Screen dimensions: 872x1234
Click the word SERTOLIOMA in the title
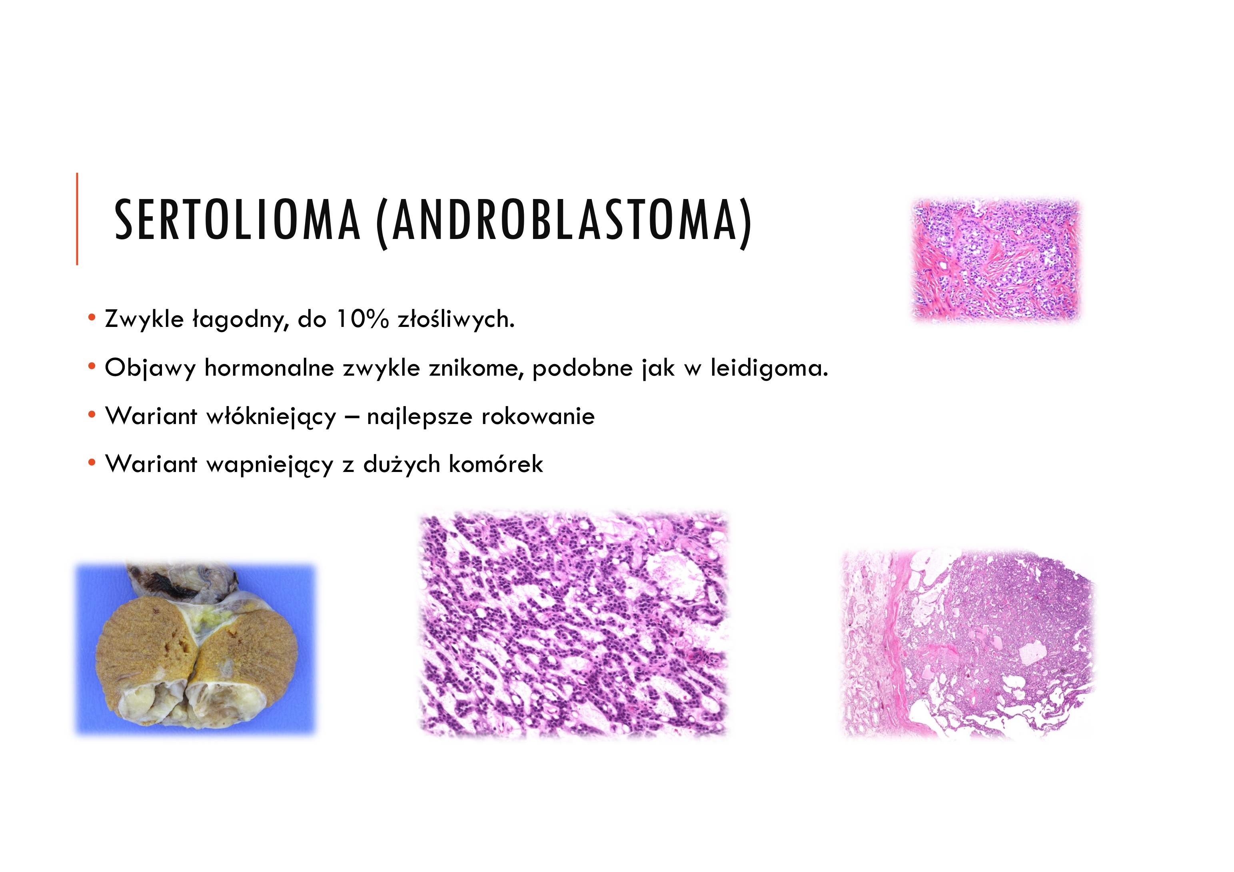pyautogui.click(x=236, y=220)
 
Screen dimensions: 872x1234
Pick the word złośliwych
pyautogui.click(x=456, y=319)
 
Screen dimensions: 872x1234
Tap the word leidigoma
pyautogui.click(x=769, y=368)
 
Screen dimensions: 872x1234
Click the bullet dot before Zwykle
pyautogui.click(x=92, y=318)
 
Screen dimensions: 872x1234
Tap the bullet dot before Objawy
pyautogui.click(x=92, y=366)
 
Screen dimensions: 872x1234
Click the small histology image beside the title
pyautogui.click(x=996, y=260)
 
